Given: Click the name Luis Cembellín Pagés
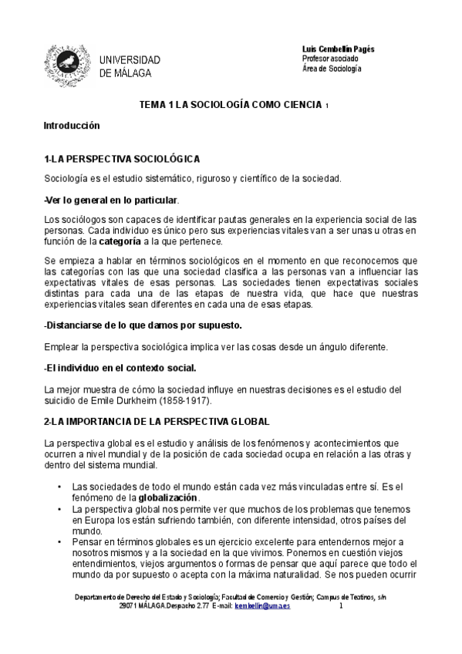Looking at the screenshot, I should coord(339,49).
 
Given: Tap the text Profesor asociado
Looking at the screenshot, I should coord(330,59).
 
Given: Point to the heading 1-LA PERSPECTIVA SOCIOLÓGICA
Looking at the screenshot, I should coord(123,159).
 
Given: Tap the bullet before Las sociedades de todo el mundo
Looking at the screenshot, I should coord(60,487).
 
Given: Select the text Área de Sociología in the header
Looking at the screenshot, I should coord(331,69).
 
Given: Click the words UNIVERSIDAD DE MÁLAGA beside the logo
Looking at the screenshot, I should coord(130,66).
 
